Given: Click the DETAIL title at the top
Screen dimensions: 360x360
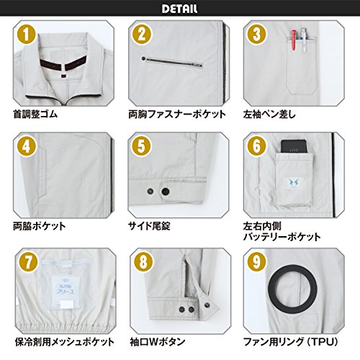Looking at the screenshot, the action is pos(180,9).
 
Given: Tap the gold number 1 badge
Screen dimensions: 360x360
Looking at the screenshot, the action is pos(27,35).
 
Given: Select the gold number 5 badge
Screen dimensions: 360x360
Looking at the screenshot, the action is pos(141,146).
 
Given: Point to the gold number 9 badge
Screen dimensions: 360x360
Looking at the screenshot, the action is pos(257,261).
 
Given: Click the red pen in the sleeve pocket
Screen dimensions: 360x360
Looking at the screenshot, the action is pos(294,40).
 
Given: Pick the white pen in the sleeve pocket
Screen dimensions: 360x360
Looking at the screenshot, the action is pos(304,40).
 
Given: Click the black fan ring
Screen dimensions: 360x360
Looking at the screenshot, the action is pos(293,265).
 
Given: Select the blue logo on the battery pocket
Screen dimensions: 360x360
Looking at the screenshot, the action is pos(293,183).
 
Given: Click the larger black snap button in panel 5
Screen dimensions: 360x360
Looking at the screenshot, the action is pos(166,192).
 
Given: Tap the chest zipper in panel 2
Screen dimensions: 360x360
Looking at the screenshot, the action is pos(172,62).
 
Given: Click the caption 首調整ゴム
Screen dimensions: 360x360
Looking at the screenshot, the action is pos(35,114).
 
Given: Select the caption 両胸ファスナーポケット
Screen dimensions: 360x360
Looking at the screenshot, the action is pos(177,114).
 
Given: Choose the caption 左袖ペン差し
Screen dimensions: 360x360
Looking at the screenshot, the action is pos(269,114).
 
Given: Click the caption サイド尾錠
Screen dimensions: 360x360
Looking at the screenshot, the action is pos(149,226).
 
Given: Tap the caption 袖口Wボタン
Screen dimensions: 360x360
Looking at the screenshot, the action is pos(158,342).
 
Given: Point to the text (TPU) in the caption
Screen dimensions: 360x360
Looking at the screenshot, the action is pos(323,342).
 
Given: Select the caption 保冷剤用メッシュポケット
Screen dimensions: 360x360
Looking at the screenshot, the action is pos(65,342).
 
